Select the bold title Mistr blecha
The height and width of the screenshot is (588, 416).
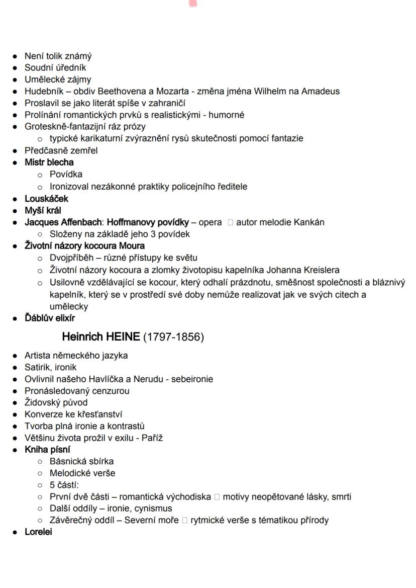coord(49,162)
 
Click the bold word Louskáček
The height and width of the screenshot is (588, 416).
coord(47,199)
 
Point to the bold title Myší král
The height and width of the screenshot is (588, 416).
coord(43,211)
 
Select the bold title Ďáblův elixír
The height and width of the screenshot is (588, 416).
coord(50,318)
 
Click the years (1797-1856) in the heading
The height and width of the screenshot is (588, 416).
coord(173,337)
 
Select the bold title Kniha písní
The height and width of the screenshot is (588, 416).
coord(48,450)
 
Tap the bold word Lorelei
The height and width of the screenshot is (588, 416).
coord(38,532)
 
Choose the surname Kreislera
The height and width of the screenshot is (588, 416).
coord(320,270)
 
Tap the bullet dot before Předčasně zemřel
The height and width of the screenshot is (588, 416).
coord(16,151)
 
